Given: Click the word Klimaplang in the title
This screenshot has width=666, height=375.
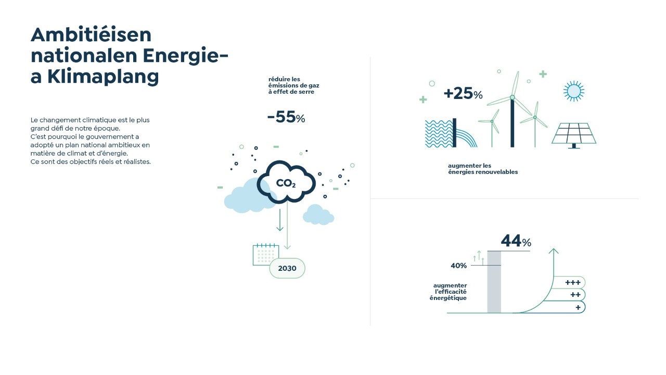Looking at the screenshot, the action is (x=103, y=77).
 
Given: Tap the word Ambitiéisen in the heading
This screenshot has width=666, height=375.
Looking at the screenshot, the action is (x=91, y=35).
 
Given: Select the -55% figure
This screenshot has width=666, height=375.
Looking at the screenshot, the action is (x=286, y=117).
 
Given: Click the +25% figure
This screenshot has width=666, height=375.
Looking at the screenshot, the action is (x=463, y=93).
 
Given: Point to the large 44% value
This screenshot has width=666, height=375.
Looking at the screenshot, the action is (x=516, y=241).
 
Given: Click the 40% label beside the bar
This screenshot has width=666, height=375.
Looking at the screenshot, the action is (x=458, y=266).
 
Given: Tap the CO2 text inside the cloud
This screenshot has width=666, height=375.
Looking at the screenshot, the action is (x=286, y=183).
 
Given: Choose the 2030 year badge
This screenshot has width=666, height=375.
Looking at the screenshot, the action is (x=287, y=268).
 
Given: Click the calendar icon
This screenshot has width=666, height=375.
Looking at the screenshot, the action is (x=265, y=255).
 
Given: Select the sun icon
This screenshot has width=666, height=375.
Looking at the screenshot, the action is (x=573, y=91).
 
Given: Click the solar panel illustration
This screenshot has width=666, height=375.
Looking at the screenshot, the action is (x=574, y=135).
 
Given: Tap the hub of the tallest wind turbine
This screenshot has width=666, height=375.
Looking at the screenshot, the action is (x=513, y=97).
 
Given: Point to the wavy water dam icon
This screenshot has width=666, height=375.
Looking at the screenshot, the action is (x=451, y=133).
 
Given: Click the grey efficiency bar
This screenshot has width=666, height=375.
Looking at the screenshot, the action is (x=494, y=282).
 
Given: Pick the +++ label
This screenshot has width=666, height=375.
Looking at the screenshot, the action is (x=573, y=282).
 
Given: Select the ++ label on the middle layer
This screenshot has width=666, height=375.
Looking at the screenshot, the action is (x=575, y=295).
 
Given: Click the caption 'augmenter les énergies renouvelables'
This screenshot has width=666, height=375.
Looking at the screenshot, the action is (x=483, y=169).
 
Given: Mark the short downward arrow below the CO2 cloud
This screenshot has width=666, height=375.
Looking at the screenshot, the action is (x=279, y=220).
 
